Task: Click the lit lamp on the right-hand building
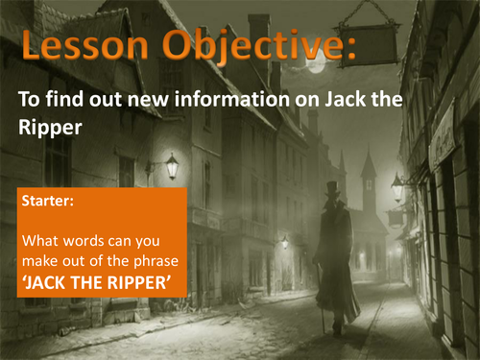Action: pos(396,187)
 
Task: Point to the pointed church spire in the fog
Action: pos(369,164)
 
